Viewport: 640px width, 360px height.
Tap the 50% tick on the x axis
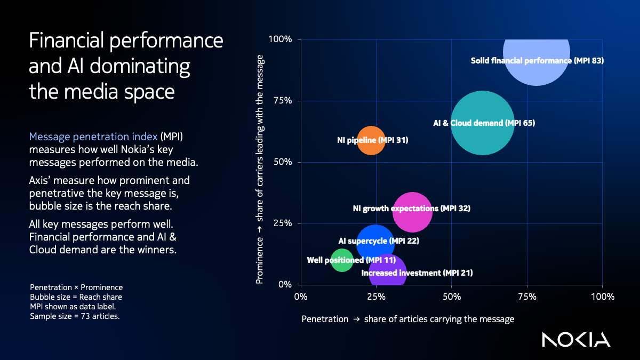pyautogui.click(x=451, y=296)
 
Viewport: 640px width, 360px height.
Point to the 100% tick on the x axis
pyautogui.click(x=602, y=296)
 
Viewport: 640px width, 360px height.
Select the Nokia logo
pyautogui.click(x=576, y=339)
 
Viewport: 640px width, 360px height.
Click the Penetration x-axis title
pyautogui.click(x=408, y=319)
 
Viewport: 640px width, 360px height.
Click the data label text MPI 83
pyautogui.click(x=588, y=61)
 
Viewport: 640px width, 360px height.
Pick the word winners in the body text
pyautogui.click(x=155, y=250)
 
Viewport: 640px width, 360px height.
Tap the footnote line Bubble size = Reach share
pyautogui.click(x=76, y=297)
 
